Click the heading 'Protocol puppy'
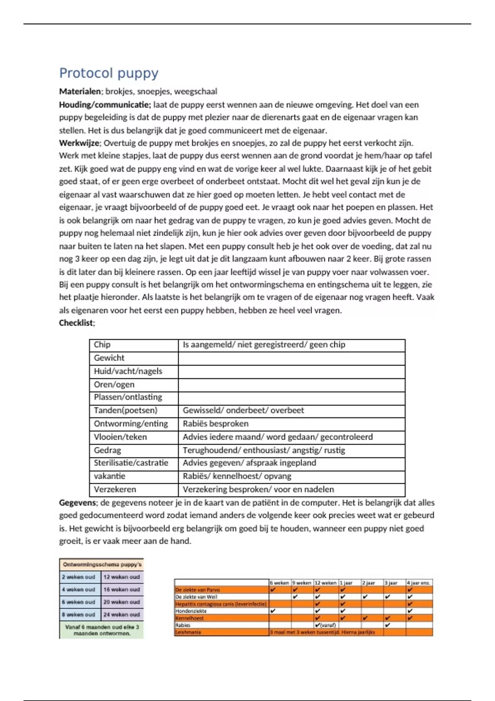(x=108, y=73)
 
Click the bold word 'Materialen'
(x=80, y=92)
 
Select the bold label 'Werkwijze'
(x=79, y=143)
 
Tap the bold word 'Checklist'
(x=76, y=323)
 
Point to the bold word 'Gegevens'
(x=77, y=503)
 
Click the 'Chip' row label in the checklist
(x=102, y=345)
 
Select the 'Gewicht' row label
(x=109, y=358)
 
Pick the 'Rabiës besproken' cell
(x=216, y=423)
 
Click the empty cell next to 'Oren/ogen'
(x=291, y=385)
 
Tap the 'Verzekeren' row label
(x=115, y=489)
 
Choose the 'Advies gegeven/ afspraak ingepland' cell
(x=249, y=463)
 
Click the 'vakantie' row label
(x=109, y=476)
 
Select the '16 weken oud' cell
(x=122, y=590)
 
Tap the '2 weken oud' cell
(x=78, y=577)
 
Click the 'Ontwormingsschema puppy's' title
(x=102, y=565)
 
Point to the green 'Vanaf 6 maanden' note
(x=102, y=630)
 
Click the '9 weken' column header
(x=302, y=583)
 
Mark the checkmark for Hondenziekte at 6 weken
(x=273, y=611)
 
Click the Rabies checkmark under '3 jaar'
(x=388, y=625)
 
